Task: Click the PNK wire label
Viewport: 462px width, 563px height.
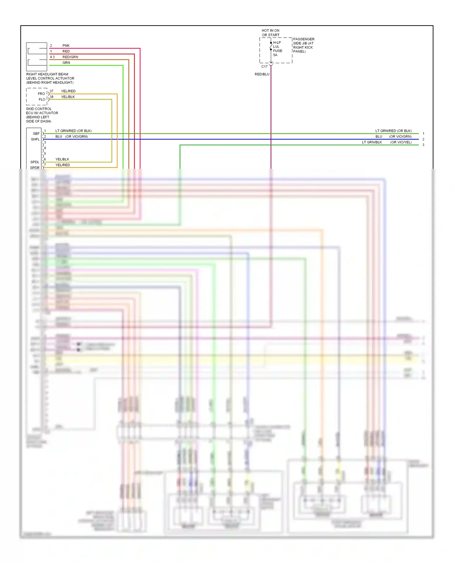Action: coord(66,46)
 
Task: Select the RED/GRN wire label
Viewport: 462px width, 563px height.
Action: coord(70,57)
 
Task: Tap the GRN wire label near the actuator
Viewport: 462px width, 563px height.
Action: coord(66,63)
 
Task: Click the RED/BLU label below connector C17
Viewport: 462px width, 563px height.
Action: coord(262,74)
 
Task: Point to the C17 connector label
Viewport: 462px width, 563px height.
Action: coord(264,67)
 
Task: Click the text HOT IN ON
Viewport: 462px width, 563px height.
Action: coord(270,30)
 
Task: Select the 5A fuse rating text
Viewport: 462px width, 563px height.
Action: coord(275,55)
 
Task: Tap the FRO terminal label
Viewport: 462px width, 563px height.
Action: coord(41,94)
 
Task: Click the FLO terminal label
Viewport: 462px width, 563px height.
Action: coord(42,99)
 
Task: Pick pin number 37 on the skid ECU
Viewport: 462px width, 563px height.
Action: coord(51,91)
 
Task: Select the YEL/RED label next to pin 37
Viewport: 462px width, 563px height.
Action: coord(68,91)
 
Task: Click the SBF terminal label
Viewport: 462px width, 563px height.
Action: coord(36,134)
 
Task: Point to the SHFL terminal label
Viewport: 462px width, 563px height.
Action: coord(35,139)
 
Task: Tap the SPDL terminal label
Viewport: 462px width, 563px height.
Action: coord(35,162)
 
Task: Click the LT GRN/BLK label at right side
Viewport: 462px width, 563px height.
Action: coord(372,142)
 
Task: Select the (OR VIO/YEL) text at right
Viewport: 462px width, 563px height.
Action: coord(401,142)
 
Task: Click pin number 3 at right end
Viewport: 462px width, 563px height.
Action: coord(423,145)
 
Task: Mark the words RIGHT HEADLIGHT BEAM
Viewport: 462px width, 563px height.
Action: coord(47,74)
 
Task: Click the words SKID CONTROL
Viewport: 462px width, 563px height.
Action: coord(39,109)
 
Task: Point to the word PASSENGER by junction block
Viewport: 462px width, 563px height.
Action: coord(304,39)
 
